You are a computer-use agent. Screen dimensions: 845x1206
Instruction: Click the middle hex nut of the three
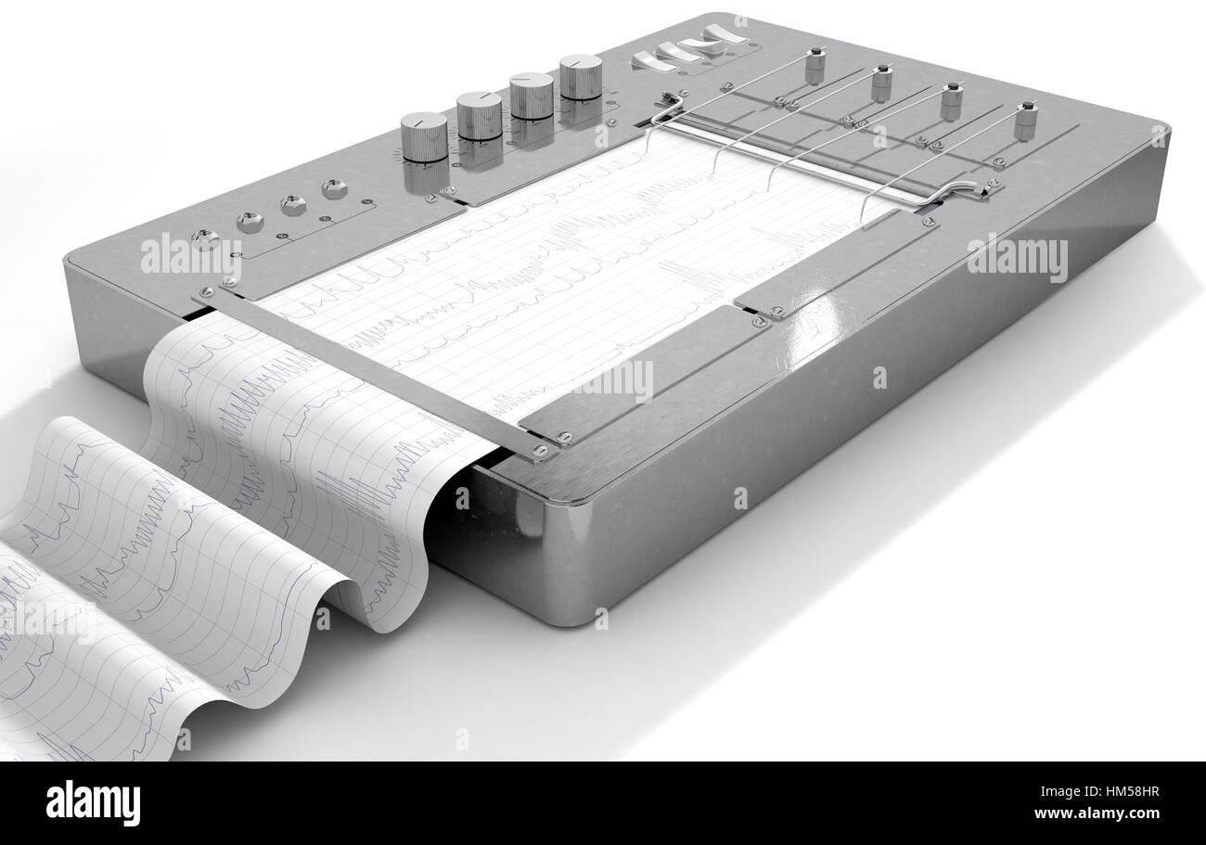[293, 205]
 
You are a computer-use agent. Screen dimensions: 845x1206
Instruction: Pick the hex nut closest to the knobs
[334, 188]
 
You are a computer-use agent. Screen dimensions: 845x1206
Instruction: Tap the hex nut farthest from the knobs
[250, 222]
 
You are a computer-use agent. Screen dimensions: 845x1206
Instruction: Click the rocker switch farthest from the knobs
[725, 35]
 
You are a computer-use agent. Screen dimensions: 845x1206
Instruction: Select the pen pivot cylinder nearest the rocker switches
[815, 65]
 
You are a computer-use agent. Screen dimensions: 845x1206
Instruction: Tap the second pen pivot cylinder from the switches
[880, 83]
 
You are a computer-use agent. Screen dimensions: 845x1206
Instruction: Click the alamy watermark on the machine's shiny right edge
[1017, 257]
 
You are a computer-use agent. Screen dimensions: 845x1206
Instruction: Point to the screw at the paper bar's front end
[540, 452]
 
